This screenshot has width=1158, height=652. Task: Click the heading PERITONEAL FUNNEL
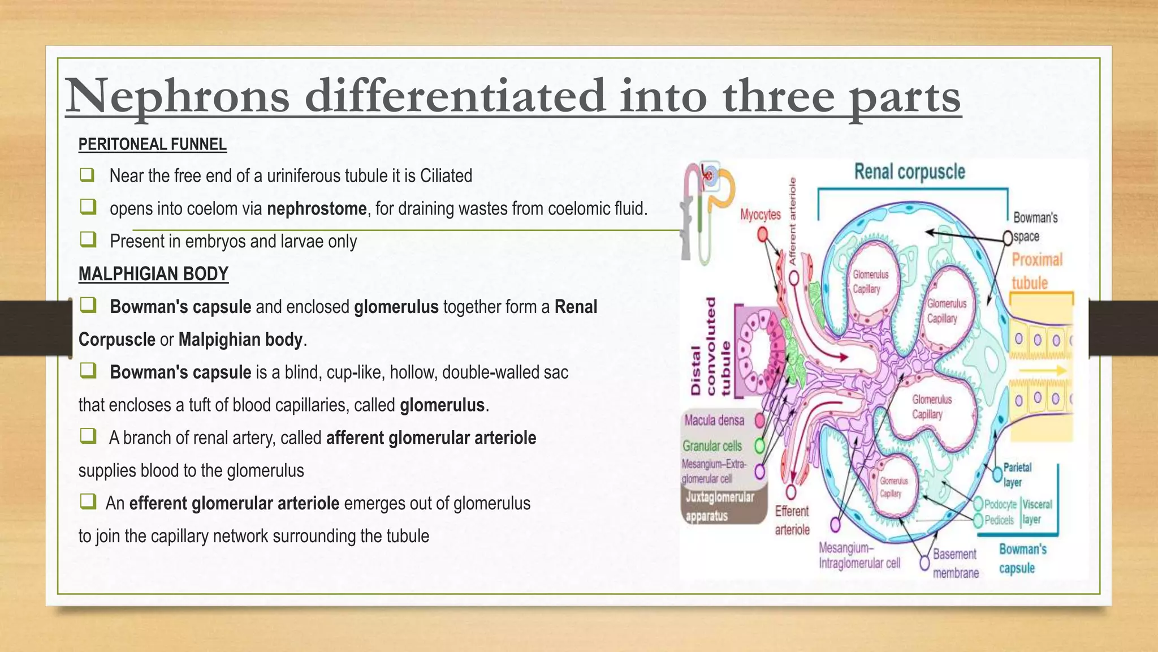[x=152, y=144]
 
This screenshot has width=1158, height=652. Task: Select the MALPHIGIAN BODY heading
[x=153, y=274]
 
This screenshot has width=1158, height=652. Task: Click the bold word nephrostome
[x=317, y=209]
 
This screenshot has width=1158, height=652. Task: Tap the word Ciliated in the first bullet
[x=446, y=176]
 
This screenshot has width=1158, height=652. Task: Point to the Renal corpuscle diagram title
[x=909, y=171]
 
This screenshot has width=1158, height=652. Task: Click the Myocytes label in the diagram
[x=761, y=215]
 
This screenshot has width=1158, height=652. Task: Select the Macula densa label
[x=714, y=420]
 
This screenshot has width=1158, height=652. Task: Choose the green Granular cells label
[x=712, y=446]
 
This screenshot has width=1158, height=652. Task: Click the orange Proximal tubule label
[x=1036, y=271]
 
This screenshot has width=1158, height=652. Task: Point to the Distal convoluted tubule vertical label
[x=711, y=346]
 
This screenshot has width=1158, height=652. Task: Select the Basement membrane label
[x=955, y=563]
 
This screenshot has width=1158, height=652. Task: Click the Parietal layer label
[x=1017, y=474]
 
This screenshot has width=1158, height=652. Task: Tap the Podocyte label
[x=1000, y=504]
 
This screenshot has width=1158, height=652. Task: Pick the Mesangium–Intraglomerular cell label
[x=859, y=555]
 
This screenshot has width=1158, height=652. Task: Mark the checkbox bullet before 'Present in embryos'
[x=88, y=240]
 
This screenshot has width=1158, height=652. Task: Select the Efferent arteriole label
[x=792, y=520]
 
